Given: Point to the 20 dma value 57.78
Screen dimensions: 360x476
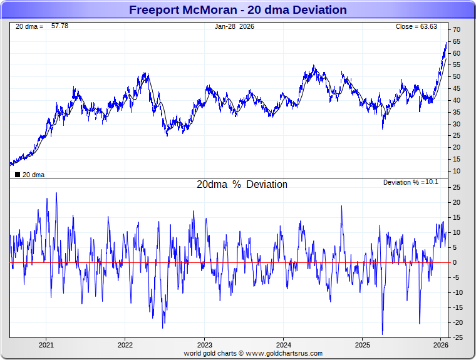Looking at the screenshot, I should pos(59,26).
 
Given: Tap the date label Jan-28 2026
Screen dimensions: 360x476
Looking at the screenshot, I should pos(235,26).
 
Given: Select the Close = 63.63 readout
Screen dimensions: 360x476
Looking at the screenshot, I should pos(416,27).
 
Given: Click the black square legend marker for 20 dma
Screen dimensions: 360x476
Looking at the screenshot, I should pos(17,175).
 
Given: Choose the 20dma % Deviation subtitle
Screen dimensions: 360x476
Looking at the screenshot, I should pos(242,185).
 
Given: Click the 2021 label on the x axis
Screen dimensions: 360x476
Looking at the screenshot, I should pos(46,345).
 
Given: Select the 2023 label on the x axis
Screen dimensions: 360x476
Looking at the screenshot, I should pos(204,345).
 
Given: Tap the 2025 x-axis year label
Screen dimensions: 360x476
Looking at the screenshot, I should pos(363,345).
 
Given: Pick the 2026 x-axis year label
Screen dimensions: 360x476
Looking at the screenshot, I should pos(441,345).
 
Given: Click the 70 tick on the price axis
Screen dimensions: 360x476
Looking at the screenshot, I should pos(457,29).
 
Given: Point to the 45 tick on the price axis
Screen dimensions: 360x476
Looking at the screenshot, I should pos(457,88).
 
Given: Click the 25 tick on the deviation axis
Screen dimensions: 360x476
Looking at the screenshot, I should pos(457,187).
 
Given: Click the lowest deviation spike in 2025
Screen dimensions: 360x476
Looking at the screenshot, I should pos(382,334).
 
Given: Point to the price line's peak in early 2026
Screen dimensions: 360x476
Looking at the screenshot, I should pos(446,43).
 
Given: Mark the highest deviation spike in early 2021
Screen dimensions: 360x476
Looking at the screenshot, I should pos(56,193).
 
